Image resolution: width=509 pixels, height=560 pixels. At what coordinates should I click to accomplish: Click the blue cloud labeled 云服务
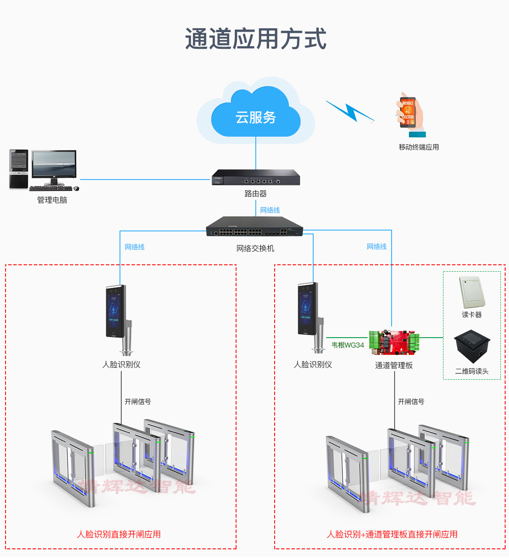point(256,114)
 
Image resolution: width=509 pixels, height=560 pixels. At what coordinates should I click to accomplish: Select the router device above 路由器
point(256,177)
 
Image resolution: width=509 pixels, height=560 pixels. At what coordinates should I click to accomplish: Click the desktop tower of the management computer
point(18,169)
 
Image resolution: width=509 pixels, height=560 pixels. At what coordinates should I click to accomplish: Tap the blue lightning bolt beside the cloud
point(349,111)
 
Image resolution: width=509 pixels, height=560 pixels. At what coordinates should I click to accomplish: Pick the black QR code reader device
point(471,345)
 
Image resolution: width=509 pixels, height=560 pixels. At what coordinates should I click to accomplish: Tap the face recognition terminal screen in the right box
point(306,308)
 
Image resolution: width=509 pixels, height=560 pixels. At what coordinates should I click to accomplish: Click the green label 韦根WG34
point(347,345)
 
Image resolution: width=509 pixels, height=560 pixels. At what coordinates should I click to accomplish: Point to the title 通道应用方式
point(256,39)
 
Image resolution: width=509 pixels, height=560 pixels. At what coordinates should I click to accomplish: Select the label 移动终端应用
point(419,147)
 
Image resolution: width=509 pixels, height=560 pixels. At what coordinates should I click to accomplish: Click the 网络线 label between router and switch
point(270,210)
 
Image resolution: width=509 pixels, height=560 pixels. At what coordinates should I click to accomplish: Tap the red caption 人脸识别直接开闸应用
point(119,534)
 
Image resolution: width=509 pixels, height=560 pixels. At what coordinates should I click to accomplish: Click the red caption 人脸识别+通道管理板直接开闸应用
point(392,534)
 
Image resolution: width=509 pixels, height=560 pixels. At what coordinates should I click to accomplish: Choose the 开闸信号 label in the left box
point(138,401)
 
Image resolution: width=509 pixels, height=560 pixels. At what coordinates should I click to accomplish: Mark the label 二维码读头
point(471,371)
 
